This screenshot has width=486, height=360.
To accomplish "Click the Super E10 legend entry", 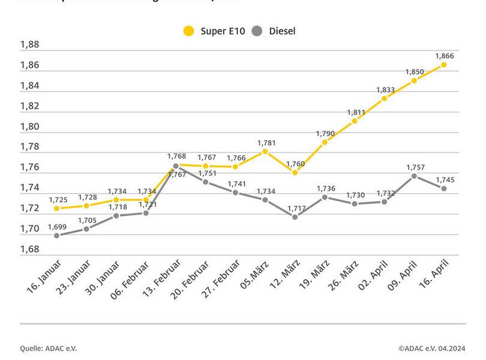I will pyautogui.click(x=214, y=31).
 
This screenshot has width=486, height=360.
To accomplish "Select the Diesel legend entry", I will pyautogui.click(x=274, y=31).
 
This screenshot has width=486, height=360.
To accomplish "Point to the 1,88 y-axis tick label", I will pyautogui.click(x=29, y=45).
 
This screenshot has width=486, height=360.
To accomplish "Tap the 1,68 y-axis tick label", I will pyautogui.click(x=29, y=249).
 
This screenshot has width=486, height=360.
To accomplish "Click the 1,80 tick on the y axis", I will pyautogui.click(x=29, y=127).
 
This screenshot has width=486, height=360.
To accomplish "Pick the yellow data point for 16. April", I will pyautogui.click(x=444, y=64).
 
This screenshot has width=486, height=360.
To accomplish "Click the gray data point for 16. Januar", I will pyautogui.click(x=57, y=235).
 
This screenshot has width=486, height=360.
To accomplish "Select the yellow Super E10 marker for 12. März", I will pyautogui.click(x=295, y=172).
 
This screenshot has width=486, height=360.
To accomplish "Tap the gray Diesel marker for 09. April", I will pyautogui.click(x=414, y=176).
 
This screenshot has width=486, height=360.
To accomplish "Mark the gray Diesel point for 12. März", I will pyautogui.click(x=295, y=217).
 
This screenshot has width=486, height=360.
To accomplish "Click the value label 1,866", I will pyautogui.click(x=445, y=56).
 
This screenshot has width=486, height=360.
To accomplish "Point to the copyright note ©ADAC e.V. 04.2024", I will pyautogui.click(x=431, y=347).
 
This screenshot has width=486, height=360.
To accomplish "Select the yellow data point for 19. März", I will pyautogui.click(x=325, y=142).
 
